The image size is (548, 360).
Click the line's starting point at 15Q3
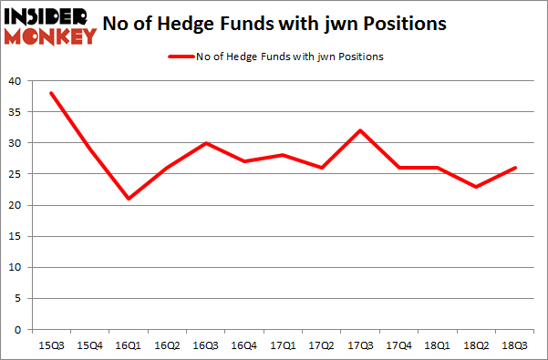pyautogui.click(x=51, y=93)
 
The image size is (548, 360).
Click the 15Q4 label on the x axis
pyautogui.click(x=90, y=345)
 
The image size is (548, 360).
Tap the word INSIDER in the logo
pyautogui.click(x=42, y=17)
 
